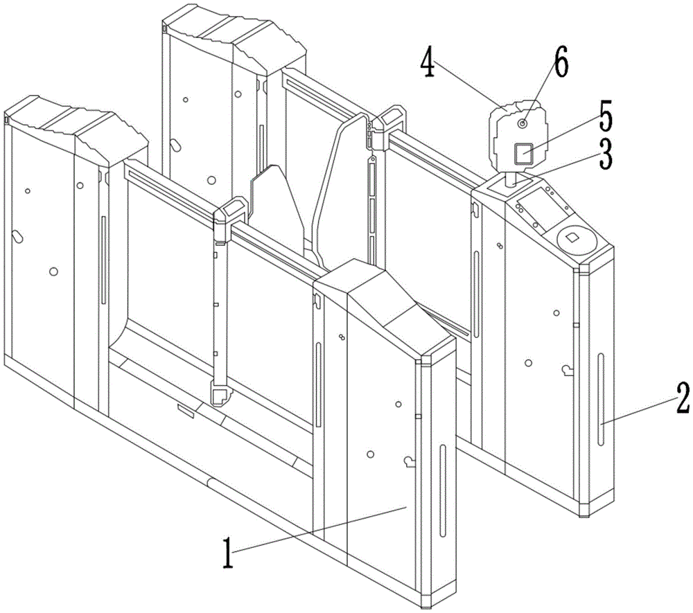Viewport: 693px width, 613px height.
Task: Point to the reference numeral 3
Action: (x=606, y=153)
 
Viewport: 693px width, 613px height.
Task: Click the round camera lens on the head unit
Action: (x=523, y=124)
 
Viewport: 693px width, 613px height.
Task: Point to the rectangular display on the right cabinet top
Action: (x=542, y=208)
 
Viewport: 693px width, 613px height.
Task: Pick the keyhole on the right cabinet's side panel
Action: (x=568, y=370)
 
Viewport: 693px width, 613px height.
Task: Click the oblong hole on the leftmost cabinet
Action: (x=18, y=237)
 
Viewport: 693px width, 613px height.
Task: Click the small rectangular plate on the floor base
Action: (x=185, y=410)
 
